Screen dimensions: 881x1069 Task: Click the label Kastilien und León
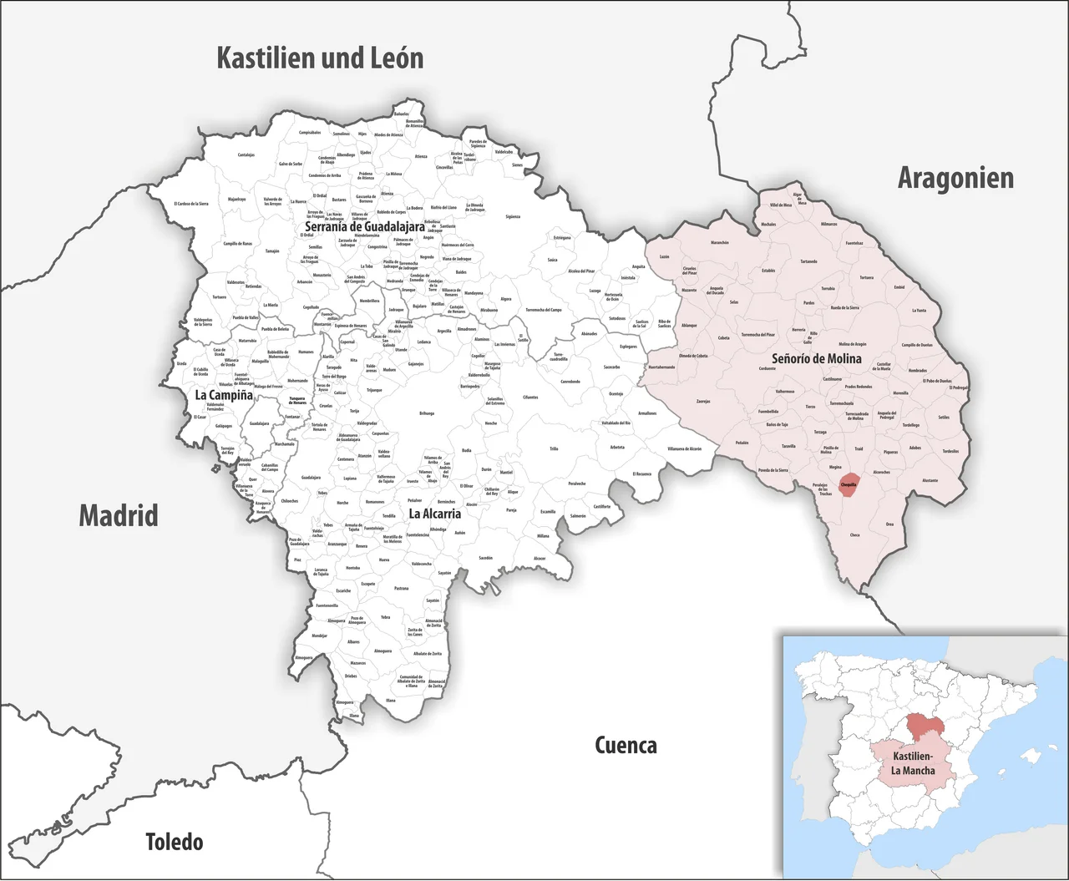point(320,58)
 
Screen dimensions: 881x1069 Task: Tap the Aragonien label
point(955,178)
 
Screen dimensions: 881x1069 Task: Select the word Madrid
point(118,515)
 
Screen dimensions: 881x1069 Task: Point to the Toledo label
point(174,842)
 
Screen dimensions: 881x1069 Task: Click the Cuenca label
point(626,745)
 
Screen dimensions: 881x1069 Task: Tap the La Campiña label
point(223,395)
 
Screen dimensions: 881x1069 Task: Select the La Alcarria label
point(434,514)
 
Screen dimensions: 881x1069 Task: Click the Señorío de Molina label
point(816,358)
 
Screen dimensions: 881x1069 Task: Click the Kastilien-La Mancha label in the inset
point(913,763)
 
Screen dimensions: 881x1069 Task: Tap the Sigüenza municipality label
point(512,217)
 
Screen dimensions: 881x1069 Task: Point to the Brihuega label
point(426,413)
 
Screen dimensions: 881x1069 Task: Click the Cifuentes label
point(530,397)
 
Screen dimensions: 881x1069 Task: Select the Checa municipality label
point(854,535)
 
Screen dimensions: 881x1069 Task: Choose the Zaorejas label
point(703,401)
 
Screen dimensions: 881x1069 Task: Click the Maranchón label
point(719,243)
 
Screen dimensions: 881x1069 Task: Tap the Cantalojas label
point(246,154)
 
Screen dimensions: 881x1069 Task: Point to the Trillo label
point(554,449)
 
